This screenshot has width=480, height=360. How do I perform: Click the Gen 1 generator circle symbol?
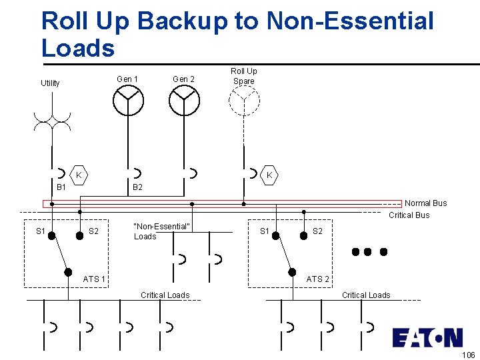[x=127, y=101]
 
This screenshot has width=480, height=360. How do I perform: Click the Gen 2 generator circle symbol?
[x=184, y=101]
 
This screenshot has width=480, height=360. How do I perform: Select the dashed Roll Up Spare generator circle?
[x=244, y=101]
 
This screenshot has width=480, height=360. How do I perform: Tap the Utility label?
[x=50, y=83]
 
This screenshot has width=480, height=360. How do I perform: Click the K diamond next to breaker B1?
[x=79, y=175]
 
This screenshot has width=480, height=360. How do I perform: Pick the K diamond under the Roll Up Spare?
[x=269, y=175]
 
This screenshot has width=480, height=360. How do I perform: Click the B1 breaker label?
[x=61, y=188]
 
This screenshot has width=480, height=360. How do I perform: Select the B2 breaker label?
[x=137, y=188]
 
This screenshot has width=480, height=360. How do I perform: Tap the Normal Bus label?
[x=426, y=203]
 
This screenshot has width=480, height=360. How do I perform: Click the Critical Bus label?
[x=409, y=215]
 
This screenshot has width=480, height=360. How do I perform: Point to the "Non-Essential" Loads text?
[x=162, y=231]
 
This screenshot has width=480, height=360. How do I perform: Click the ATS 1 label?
[x=94, y=279]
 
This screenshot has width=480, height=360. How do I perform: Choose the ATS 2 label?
[x=317, y=279]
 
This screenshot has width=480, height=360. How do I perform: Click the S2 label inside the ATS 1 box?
[x=94, y=232]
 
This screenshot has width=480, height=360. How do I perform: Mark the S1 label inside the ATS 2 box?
[x=265, y=232]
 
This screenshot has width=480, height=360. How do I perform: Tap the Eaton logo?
[x=427, y=338]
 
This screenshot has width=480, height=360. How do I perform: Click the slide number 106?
[x=467, y=354]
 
